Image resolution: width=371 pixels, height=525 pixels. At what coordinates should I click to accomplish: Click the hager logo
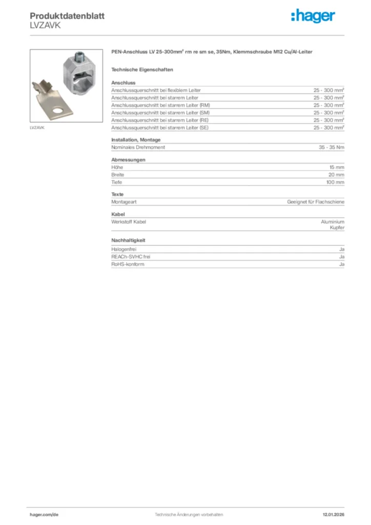click(313, 16)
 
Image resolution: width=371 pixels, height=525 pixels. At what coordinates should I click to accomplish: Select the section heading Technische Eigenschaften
click(142, 69)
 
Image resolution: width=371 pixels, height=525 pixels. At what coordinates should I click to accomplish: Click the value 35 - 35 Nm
click(332, 147)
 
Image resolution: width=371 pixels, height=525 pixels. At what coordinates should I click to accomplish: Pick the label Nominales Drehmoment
click(138, 147)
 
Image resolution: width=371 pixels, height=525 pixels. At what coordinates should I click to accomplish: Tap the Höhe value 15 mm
click(337, 167)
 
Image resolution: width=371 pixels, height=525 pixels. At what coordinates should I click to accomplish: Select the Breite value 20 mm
click(336, 175)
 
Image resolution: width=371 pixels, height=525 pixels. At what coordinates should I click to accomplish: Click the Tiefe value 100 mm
click(335, 182)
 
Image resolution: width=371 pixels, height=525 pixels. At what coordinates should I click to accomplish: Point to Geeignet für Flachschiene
click(316, 202)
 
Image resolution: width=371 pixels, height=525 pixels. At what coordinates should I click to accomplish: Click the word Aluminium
click(333, 222)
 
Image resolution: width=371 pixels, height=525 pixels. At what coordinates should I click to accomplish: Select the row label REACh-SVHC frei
click(131, 256)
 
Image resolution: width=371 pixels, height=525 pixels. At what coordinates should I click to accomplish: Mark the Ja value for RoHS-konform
click(342, 264)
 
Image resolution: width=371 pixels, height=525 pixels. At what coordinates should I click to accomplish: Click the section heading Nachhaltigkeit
click(128, 240)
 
